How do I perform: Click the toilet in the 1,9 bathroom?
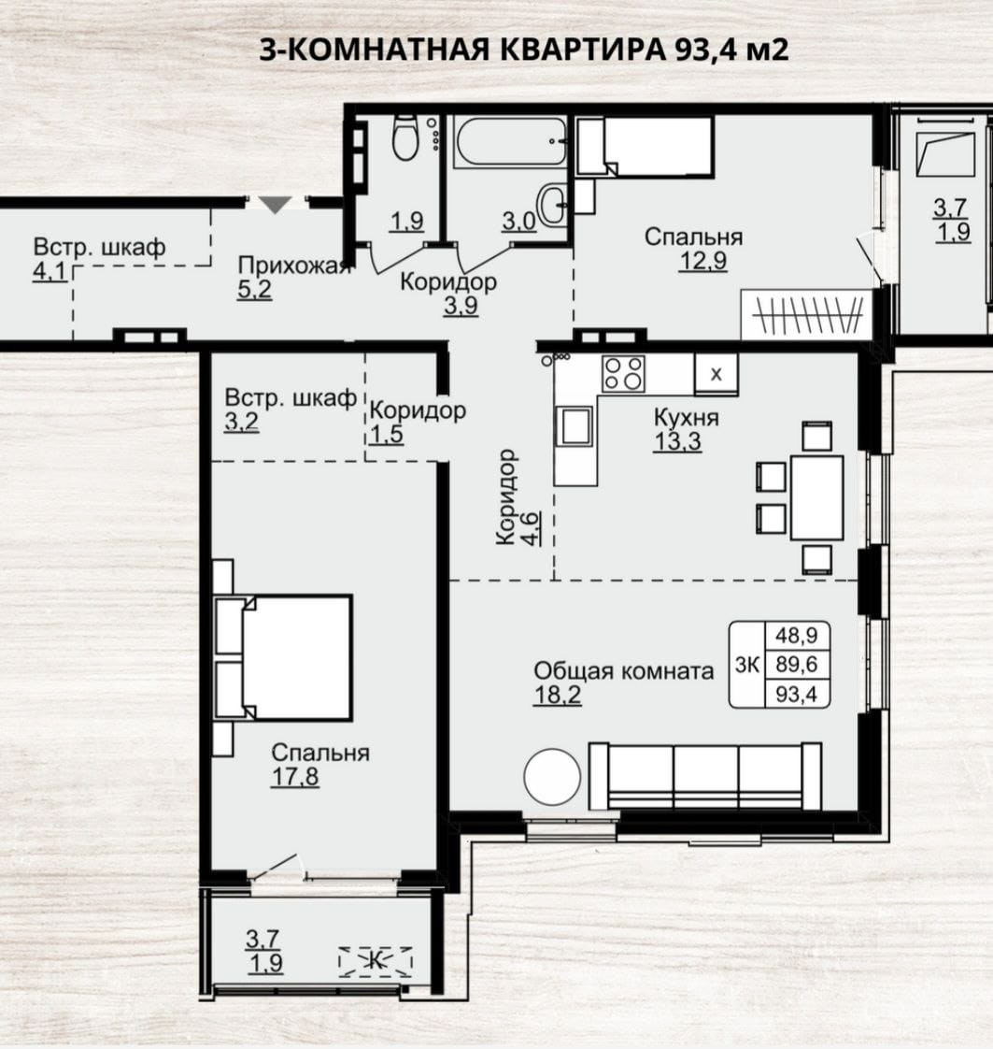point(404,137)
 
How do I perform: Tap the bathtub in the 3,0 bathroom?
point(510,141)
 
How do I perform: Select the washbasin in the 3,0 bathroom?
point(554,205)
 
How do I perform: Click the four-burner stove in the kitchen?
point(623,373)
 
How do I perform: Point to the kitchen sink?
point(575,426)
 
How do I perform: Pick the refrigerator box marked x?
point(716,374)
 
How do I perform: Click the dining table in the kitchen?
point(816,497)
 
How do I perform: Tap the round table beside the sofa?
point(552,777)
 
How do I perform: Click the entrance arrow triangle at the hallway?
point(276,204)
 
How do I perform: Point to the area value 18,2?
point(558,695)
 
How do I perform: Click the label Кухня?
point(687,418)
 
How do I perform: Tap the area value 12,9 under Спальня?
point(703,260)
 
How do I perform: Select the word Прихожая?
point(294,266)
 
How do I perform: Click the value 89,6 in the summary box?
point(797,665)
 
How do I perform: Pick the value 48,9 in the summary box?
point(797,635)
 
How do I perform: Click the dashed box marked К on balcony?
point(376,962)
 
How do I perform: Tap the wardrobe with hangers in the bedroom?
point(807,314)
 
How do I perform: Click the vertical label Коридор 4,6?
point(518,497)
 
